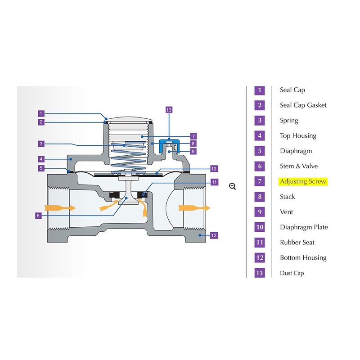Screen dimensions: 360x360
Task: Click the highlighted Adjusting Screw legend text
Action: [x=303, y=182]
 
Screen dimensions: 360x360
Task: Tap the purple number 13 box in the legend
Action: [x=260, y=273]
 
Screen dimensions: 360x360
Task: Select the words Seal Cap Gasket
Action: [x=303, y=105]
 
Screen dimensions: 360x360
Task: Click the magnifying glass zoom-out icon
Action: [x=232, y=186]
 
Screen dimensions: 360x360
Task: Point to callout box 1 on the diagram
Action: [x=41, y=113]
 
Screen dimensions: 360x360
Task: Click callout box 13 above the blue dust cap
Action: [x=169, y=110]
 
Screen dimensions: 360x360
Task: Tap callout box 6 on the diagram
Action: [x=38, y=216]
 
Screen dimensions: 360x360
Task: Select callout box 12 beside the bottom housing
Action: [x=214, y=235]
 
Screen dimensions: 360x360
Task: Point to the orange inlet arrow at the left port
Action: [x=60, y=208]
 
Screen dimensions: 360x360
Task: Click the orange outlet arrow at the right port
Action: [x=194, y=208]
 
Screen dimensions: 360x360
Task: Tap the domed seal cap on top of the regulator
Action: [x=129, y=119]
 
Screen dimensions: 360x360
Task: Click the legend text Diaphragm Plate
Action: [x=304, y=227]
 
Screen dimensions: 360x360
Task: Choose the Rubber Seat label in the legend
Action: [x=297, y=243]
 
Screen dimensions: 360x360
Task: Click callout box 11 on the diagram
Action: [x=214, y=182]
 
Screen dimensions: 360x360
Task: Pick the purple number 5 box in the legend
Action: [x=260, y=151]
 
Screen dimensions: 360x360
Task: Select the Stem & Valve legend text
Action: [x=299, y=166]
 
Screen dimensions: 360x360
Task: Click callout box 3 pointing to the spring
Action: [x=41, y=144]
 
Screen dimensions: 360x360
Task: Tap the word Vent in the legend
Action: [x=286, y=211]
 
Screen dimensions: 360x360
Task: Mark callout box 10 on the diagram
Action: [x=214, y=169]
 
